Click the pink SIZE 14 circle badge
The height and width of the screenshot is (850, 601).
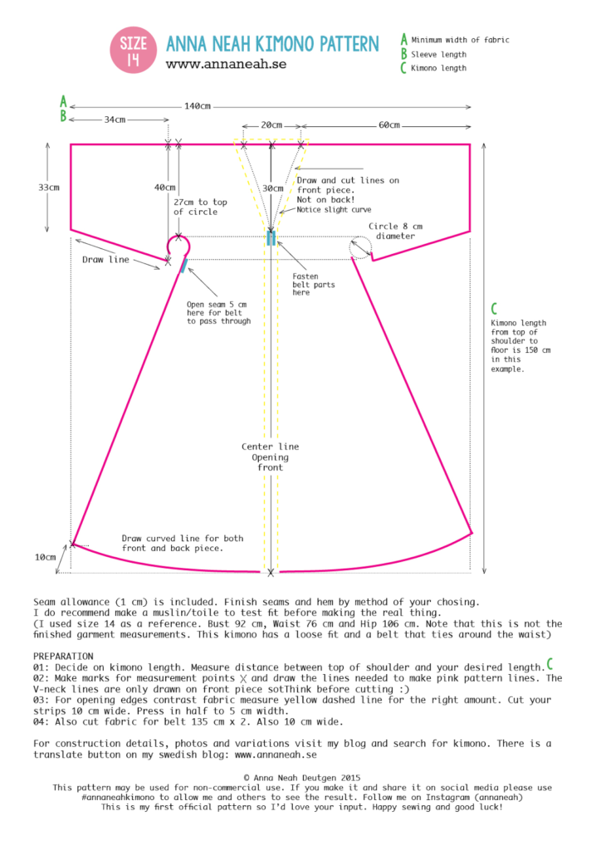(134, 51)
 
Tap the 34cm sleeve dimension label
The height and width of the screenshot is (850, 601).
(115, 120)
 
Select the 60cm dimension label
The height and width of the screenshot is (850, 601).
(388, 125)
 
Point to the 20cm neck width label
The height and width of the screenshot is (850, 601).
(271, 125)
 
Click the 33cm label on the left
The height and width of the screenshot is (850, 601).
(49, 188)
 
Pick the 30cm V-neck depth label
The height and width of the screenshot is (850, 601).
(271, 188)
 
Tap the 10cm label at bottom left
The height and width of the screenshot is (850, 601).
(45, 558)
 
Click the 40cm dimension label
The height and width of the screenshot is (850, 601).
(164, 188)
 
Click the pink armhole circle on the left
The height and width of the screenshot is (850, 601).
(178, 247)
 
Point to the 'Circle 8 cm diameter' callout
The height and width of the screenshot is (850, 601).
(396, 230)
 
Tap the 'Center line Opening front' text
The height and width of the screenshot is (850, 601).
(271, 457)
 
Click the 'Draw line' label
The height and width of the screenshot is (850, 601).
(105, 260)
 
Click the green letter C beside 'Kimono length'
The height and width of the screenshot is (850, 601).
(403, 68)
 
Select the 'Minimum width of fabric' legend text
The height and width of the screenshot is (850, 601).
(460, 40)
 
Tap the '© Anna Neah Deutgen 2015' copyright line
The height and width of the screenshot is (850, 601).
(300, 778)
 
